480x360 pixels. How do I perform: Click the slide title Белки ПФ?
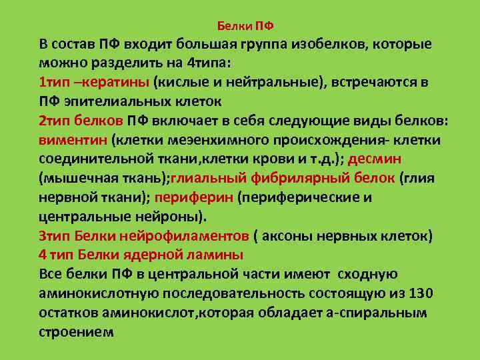246,26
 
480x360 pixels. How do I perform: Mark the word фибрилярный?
306,179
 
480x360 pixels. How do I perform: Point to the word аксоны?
293,236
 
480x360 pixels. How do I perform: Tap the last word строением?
76,331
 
